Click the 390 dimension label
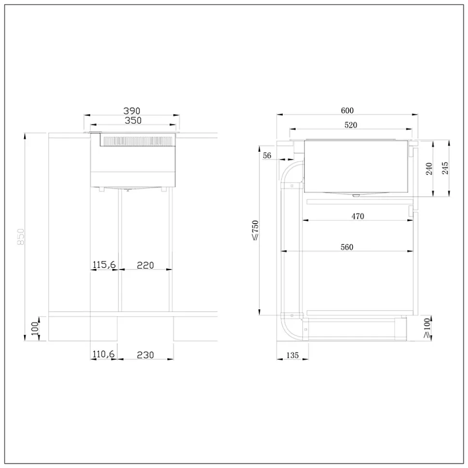132,111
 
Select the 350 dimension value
133,120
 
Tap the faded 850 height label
21,237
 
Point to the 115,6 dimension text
104,265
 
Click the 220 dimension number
145,266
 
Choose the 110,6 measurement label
103,354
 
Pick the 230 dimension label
145,355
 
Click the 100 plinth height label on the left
35,328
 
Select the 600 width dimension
347,111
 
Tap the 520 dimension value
351,125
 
